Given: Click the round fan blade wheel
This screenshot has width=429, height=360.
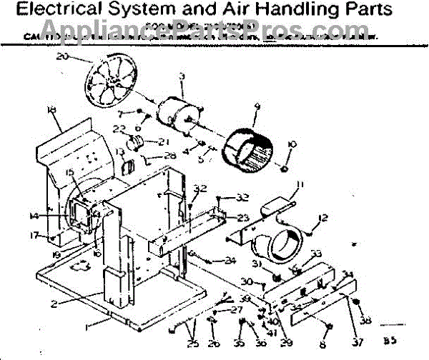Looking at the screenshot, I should click(110, 81).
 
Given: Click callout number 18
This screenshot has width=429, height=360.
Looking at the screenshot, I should click(50, 110).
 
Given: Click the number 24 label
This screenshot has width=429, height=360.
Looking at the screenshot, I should click(230, 260).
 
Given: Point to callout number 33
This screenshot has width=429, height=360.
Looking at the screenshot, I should click(316, 254).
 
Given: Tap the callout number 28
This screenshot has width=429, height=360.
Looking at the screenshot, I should click(169, 156).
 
